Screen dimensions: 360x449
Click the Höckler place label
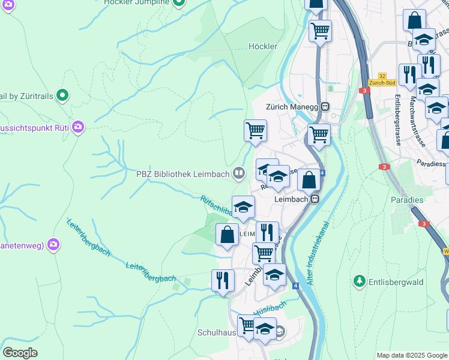click(263, 46)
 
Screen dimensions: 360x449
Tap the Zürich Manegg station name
click(291, 106)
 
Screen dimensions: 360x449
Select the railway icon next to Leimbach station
click(313, 199)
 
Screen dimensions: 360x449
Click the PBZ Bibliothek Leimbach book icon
click(239, 174)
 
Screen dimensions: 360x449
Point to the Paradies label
click(407, 199)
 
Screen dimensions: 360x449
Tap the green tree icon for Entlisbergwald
click(360, 281)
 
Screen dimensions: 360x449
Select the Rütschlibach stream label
click(216, 208)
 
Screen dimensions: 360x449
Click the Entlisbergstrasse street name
click(398, 121)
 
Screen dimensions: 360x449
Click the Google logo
click(20, 352)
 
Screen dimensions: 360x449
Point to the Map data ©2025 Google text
click(412, 355)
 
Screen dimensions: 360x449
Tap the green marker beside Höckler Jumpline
click(178, 2)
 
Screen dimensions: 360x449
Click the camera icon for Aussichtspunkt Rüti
click(77, 127)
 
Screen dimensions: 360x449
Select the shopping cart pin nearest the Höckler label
click(256, 130)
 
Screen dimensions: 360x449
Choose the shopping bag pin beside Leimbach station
click(309, 180)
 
